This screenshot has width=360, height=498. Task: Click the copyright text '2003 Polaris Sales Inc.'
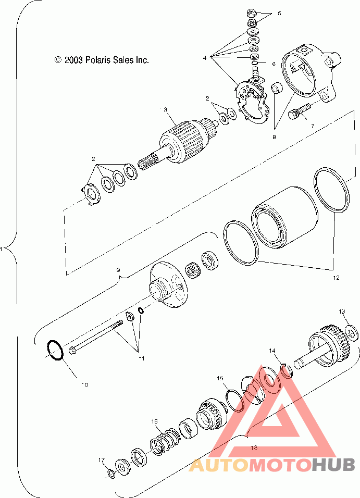coord(106,60)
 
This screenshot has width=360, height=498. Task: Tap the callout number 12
coord(336,278)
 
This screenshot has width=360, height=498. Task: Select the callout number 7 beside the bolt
coord(313,126)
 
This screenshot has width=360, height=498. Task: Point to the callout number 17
coord(102,460)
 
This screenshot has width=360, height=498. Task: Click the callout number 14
coord(272,351)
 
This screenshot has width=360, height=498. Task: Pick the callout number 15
coord(220,378)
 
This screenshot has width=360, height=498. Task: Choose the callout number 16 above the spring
coord(154,421)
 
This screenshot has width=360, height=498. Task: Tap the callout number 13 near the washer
coord(342,312)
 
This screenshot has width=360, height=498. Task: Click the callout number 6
coord(274,64)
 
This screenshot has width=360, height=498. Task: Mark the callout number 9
coord(118,270)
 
